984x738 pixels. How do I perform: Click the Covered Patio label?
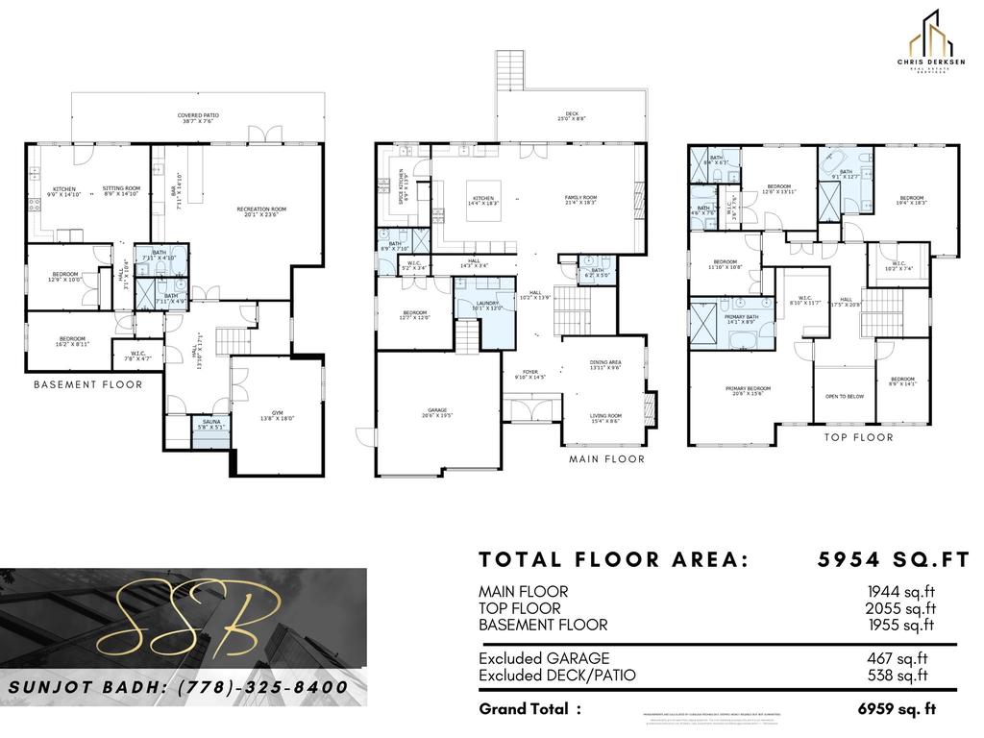[x=198, y=118]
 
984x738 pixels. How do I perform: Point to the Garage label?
[x=437, y=413]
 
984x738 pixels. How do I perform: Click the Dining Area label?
[x=605, y=364]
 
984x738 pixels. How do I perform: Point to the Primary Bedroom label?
[x=749, y=390]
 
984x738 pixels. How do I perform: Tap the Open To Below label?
[x=844, y=396]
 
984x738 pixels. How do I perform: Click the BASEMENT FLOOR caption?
[x=87, y=385]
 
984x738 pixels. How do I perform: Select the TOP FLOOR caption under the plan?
[x=858, y=437]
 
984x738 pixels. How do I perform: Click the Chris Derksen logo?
[x=930, y=39]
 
